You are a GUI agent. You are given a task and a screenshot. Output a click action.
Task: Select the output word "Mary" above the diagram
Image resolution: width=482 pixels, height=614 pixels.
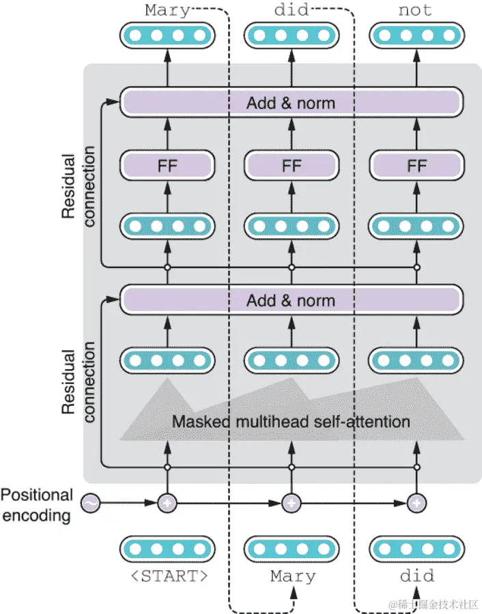point(168,10)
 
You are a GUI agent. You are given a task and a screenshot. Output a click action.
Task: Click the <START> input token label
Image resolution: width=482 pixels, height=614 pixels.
point(169,576)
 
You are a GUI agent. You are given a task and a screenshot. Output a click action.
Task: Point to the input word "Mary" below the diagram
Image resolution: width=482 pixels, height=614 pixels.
point(293,576)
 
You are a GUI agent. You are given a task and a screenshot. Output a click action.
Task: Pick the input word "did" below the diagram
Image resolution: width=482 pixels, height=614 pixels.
point(416,576)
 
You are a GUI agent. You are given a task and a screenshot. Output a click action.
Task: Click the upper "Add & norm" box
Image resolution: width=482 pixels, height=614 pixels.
point(292,103)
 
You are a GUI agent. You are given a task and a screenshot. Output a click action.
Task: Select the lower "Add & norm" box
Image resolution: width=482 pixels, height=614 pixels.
point(292,300)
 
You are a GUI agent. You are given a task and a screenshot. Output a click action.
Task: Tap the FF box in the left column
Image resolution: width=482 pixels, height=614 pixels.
point(167,165)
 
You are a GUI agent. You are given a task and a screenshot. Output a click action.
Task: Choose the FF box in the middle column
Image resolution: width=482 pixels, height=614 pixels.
point(292,165)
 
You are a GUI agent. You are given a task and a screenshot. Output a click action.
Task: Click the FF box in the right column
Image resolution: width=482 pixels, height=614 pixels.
point(416,165)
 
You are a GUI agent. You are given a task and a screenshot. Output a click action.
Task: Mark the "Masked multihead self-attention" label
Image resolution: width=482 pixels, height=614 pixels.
point(291,421)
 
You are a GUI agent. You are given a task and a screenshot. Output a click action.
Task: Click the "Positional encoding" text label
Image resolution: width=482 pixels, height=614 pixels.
point(37,505)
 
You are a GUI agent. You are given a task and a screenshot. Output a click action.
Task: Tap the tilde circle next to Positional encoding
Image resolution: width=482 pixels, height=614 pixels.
point(90,504)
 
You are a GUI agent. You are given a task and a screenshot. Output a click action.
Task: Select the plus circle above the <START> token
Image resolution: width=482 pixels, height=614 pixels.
point(167,504)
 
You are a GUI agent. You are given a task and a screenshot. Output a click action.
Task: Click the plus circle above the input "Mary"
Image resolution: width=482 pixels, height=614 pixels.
point(292,504)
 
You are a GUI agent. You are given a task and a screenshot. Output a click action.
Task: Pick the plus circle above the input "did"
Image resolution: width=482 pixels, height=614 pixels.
point(416,504)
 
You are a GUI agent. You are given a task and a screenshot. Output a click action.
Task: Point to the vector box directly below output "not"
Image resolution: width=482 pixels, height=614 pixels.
point(416,35)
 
